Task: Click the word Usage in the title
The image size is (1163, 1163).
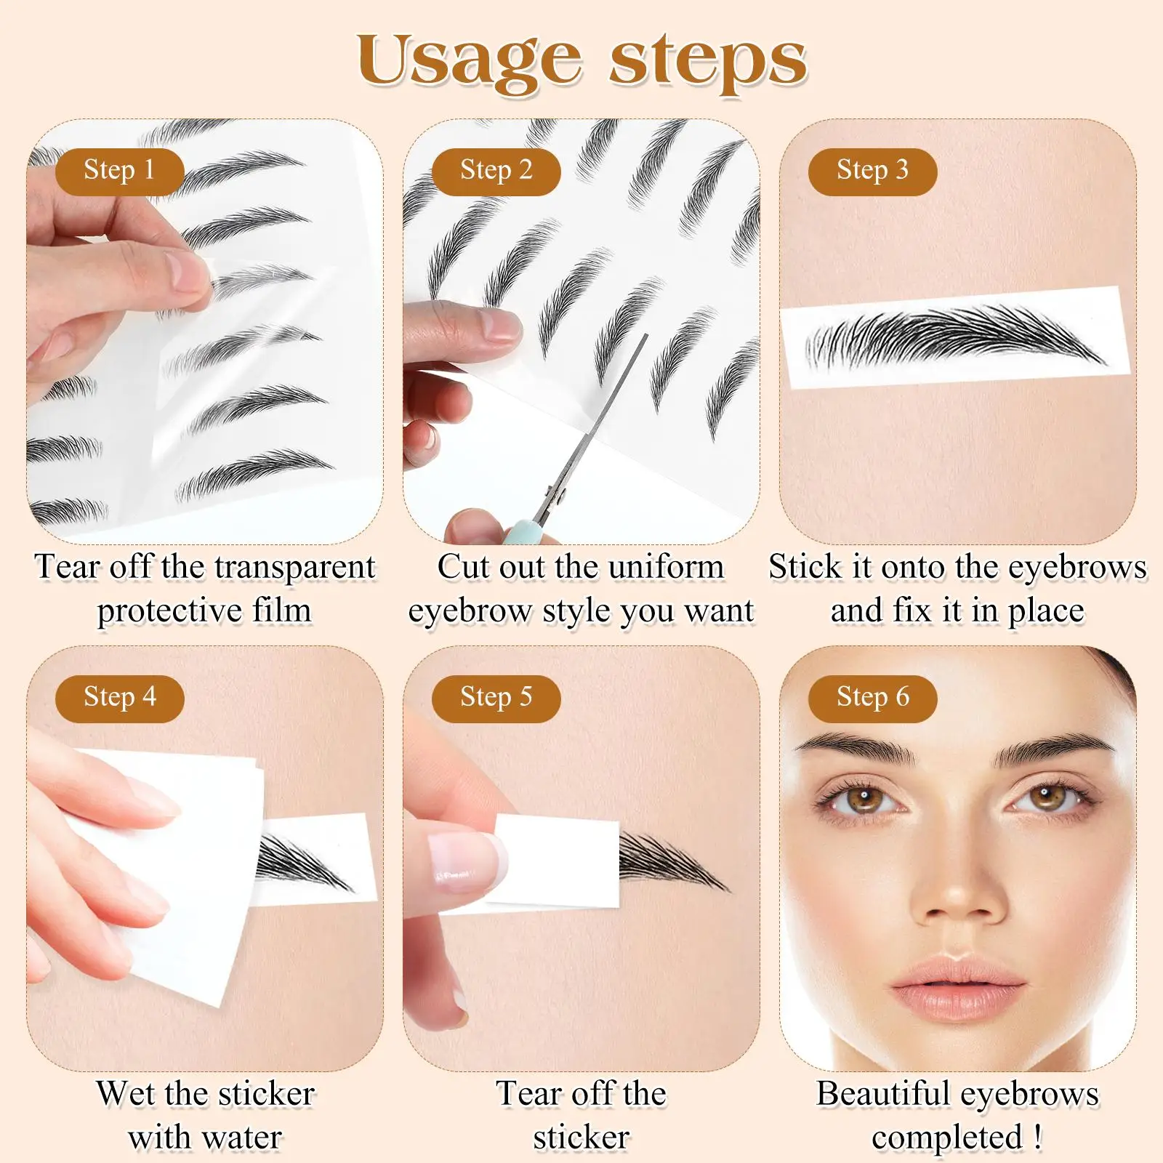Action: click(x=469, y=62)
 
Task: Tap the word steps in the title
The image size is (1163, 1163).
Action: click(x=708, y=62)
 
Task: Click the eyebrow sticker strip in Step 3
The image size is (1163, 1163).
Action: click(x=955, y=338)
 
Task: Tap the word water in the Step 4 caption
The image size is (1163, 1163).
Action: click(x=242, y=1138)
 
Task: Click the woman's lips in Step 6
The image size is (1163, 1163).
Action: click(x=959, y=978)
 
